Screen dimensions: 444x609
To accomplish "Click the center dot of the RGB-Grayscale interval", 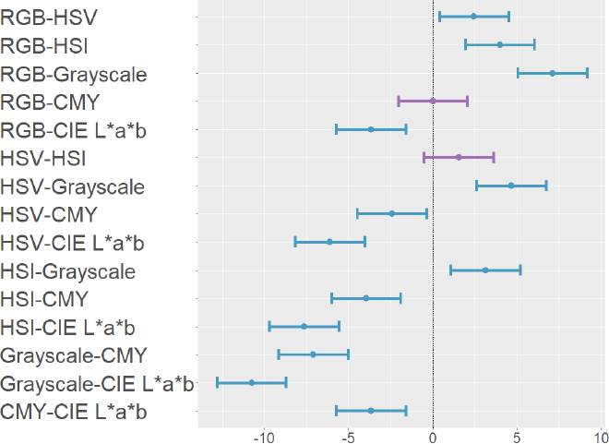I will click(x=553, y=72).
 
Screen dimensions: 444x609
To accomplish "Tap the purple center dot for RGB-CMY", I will click(x=433, y=101).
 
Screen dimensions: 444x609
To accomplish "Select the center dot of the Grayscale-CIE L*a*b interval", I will click(x=251, y=382).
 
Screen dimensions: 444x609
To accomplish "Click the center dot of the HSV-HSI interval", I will click(x=459, y=157).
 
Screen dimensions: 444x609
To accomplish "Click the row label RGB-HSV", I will click(x=50, y=17).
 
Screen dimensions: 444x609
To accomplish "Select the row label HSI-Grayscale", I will click(x=68, y=271).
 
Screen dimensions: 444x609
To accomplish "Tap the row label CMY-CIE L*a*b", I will click(x=74, y=412).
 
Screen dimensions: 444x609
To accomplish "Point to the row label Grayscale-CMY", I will click(x=74, y=355).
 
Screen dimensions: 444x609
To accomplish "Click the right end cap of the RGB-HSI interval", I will click(x=534, y=44).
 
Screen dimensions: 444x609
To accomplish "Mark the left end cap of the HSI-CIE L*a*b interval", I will click(x=269, y=326).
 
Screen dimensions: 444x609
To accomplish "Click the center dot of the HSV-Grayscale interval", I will click(x=511, y=186).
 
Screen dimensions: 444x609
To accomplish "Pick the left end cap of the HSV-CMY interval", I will click(x=357, y=213).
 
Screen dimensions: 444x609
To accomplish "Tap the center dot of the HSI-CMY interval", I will click(x=366, y=298).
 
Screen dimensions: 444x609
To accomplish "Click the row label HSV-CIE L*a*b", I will click(x=73, y=243).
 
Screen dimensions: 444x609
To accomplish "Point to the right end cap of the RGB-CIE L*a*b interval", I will click(x=406, y=129).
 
